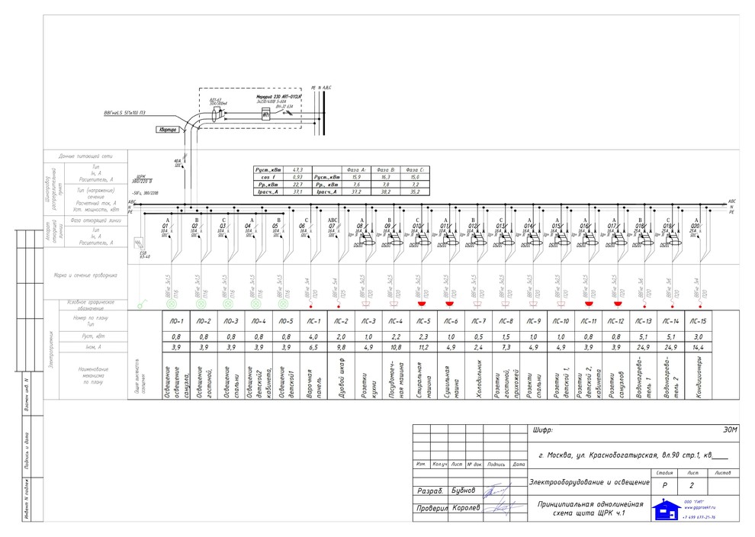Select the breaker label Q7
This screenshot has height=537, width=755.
(x=332, y=226)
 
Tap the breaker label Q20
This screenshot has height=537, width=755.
(x=695, y=226)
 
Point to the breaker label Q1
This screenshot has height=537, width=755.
(x=165, y=226)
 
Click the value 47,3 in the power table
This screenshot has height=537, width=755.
(x=298, y=169)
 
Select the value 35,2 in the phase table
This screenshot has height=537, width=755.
(x=416, y=192)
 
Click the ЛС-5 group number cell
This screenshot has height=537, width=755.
(x=424, y=321)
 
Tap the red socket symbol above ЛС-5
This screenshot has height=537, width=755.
(x=421, y=304)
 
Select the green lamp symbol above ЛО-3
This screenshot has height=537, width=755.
(x=226, y=304)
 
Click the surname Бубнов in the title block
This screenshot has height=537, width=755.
(x=463, y=490)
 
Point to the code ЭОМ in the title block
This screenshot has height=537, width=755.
(x=730, y=431)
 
